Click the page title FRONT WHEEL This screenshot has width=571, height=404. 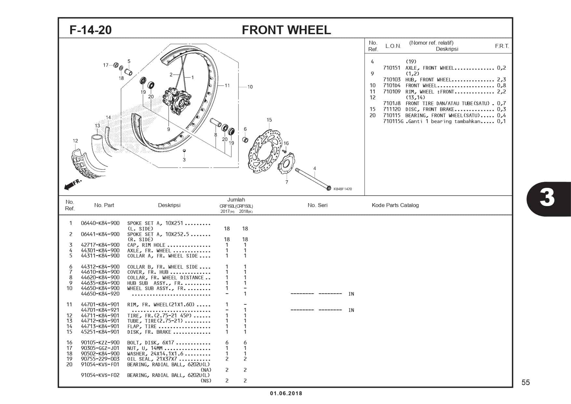[286, 30]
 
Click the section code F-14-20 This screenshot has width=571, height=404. [90, 30]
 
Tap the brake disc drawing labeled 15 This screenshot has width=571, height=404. [265, 150]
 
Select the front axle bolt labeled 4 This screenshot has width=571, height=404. [312, 179]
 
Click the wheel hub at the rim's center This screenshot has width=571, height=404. [177, 100]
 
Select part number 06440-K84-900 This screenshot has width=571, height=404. [100, 223]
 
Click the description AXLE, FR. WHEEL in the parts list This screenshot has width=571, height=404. [149, 251]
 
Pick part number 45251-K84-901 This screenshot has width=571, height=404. [100, 332]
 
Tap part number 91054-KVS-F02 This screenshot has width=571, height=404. [100, 375]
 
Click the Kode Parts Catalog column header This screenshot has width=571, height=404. [395, 205]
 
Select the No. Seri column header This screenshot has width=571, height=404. [317, 205]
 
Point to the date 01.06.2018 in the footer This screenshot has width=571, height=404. [286, 393]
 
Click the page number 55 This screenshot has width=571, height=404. [525, 383]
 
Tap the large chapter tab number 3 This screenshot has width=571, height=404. [547, 198]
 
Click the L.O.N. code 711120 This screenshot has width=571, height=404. [392, 109]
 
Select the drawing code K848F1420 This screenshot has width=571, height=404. [343, 189]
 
